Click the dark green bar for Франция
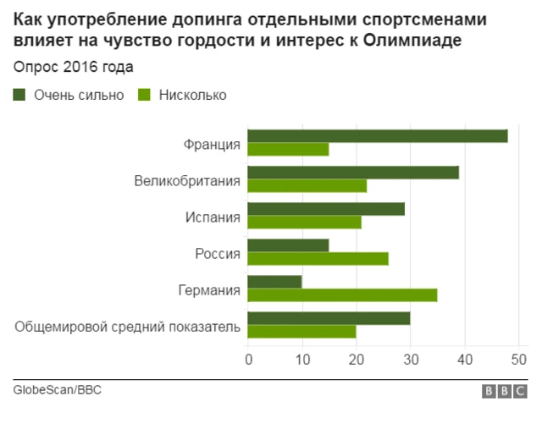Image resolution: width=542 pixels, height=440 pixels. click(377, 136)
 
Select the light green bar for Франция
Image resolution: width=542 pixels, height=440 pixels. click(288, 150)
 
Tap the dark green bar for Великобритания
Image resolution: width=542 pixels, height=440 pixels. click(352, 173)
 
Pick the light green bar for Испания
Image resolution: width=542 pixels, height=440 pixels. click(304, 223)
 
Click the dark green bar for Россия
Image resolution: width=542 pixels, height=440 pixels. click(288, 245)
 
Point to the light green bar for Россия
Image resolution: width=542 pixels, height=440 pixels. click(318, 259)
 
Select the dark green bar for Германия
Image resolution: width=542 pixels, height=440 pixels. click(274, 282)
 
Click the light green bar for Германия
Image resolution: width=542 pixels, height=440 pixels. click(342, 295)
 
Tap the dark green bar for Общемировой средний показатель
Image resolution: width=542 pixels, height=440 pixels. click(329, 318)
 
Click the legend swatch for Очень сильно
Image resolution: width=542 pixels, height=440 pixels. click(19, 95)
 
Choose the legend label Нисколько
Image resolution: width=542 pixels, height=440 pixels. click(192, 95)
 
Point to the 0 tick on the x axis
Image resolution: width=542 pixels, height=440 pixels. click(248, 360)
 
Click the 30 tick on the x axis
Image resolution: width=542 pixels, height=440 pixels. click(411, 360)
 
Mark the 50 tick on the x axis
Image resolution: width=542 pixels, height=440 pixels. click(518, 360)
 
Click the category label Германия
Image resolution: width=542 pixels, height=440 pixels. click(209, 289)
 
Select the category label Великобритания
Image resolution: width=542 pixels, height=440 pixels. click(187, 180)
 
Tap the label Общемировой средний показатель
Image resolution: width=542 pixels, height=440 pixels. click(128, 326)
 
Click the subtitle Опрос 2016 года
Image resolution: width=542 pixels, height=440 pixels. click(73, 67)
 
